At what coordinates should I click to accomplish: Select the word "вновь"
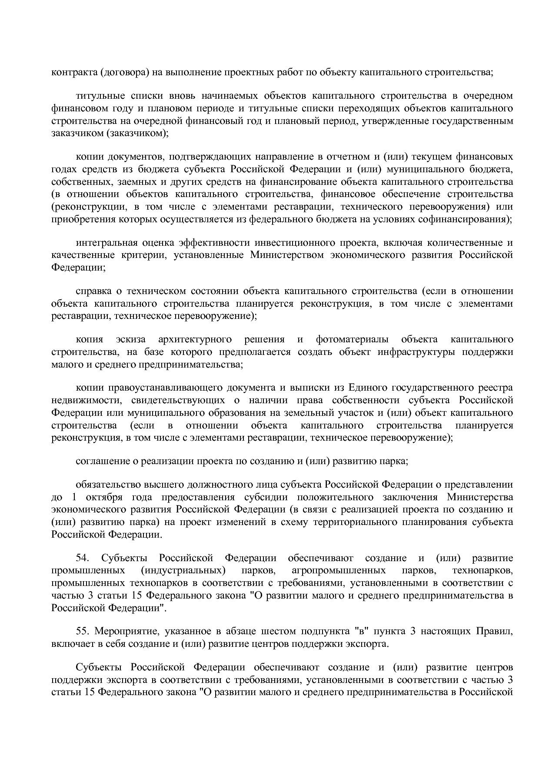click(163, 96)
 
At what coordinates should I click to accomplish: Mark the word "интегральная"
click(106, 242)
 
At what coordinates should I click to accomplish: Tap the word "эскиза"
click(130, 339)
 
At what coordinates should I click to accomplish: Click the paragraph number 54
click(82, 558)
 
